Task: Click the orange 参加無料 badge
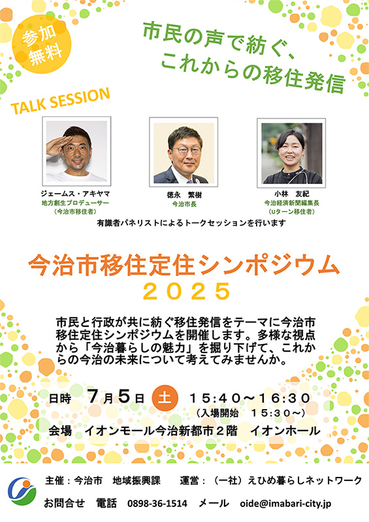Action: coord(42,44)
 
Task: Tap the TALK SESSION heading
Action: coord(60,101)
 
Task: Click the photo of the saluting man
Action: coord(76,151)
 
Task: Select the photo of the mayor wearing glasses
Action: coord(184,152)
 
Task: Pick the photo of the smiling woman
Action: coord(291,153)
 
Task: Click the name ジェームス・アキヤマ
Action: coord(75,193)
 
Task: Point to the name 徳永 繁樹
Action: coord(184,194)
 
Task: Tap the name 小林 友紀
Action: coord(292,194)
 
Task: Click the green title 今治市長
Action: coord(184,204)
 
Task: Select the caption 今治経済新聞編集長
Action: coord(292,203)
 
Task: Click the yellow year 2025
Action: coord(187,291)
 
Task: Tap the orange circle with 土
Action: coord(165,398)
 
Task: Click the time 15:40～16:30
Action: coord(249,398)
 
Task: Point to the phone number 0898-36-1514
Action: coord(157,503)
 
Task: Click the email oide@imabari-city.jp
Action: coord(285,504)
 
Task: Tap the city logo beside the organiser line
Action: coord(22,492)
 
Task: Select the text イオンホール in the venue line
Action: coord(285,431)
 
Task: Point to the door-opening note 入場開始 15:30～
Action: coord(251,413)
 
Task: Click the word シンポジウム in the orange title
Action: coord(268,266)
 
